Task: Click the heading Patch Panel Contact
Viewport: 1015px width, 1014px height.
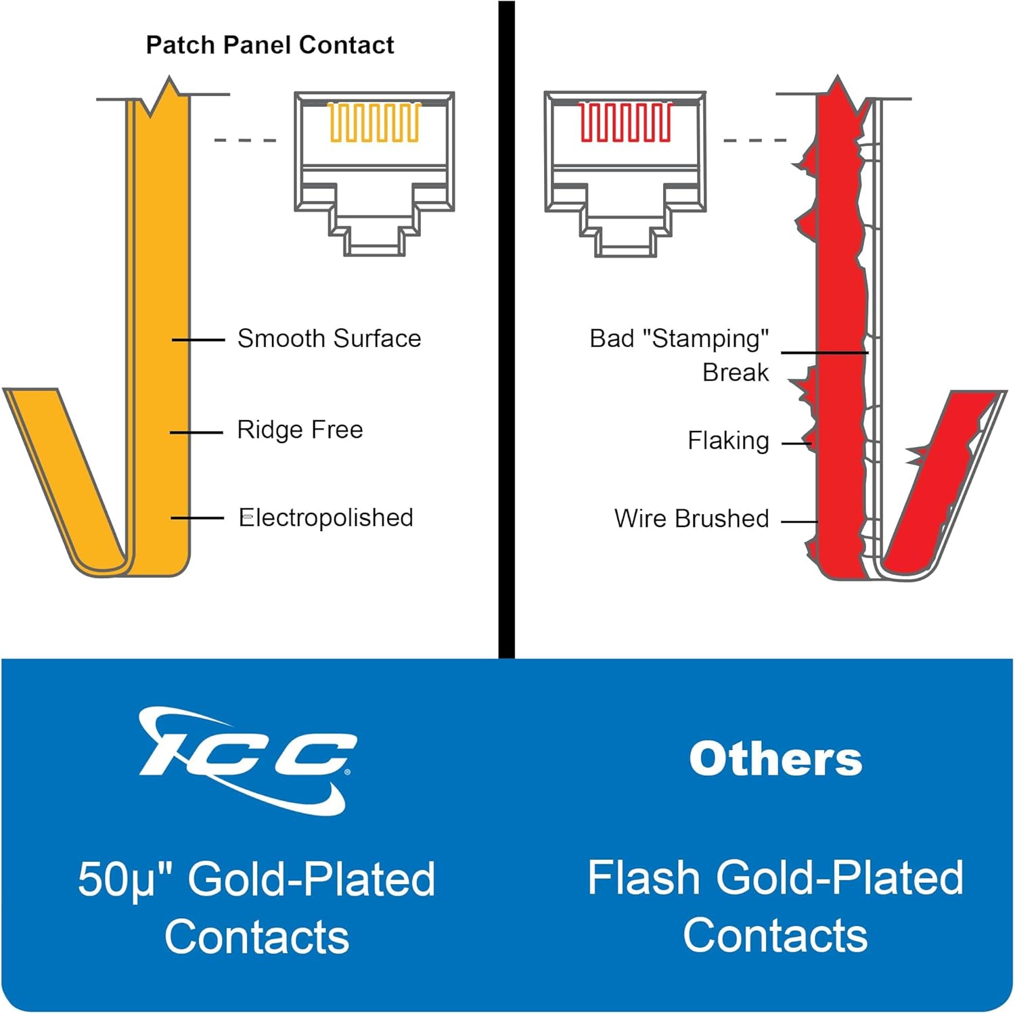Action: [x=269, y=45]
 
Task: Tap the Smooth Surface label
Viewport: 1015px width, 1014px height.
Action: [x=329, y=338]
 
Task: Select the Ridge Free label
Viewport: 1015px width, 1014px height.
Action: [x=300, y=430]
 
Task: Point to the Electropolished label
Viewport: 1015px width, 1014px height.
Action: [x=326, y=518]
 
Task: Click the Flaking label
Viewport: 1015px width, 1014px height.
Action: [x=728, y=441]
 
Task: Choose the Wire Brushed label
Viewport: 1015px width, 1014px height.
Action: [x=692, y=519]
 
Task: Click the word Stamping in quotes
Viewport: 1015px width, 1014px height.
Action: [x=710, y=338]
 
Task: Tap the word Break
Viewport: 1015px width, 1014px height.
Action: [x=736, y=373]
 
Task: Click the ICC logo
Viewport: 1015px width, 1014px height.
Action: [x=247, y=759]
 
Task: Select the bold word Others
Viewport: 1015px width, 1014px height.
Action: [x=775, y=759]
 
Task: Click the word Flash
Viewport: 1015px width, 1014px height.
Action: [x=644, y=878]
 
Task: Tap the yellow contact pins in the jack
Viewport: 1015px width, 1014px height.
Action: [x=374, y=122]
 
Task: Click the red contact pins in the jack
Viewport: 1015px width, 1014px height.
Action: [x=625, y=122]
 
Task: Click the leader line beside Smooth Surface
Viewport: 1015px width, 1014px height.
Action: [x=198, y=340]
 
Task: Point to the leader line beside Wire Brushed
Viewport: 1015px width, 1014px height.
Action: [x=799, y=522]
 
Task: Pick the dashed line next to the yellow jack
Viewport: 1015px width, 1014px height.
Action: [x=245, y=140]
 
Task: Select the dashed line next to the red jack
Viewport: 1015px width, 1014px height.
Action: [x=754, y=140]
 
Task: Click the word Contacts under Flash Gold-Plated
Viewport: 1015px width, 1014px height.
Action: [x=775, y=936]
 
